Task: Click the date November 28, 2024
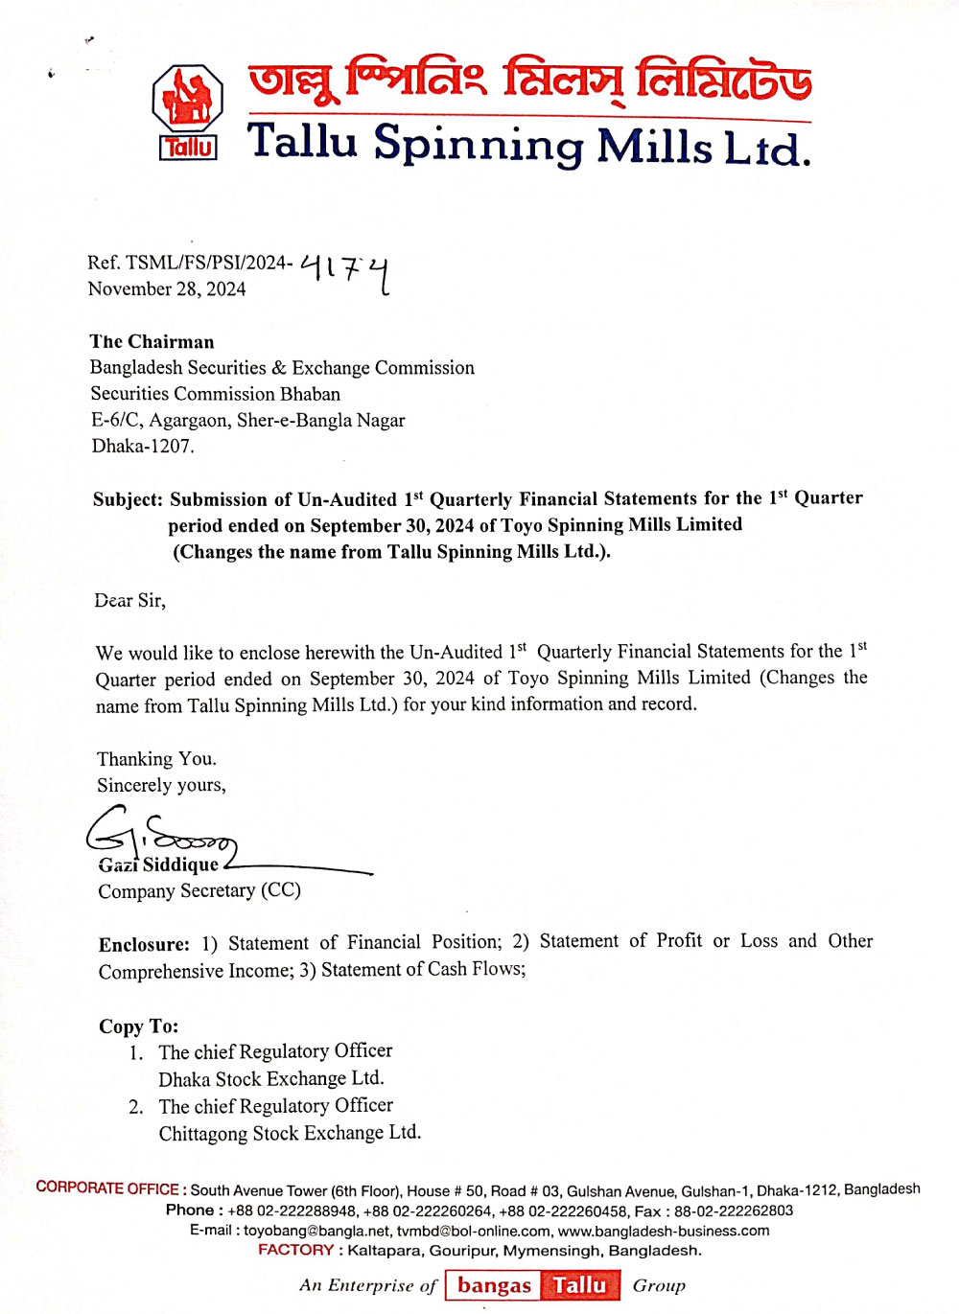pos(167,289)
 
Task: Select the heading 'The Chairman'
pos(152,342)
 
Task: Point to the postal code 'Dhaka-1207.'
pos(143,446)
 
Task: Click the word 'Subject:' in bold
pos(128,499)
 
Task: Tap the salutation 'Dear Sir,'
pos(129,601)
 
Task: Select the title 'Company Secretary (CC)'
pos(199,890)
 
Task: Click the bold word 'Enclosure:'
pos(144,944)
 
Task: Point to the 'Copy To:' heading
pos(138,1026)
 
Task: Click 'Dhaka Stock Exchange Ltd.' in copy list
pos(271,1078)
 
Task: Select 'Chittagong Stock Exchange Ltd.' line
pos(290,1133)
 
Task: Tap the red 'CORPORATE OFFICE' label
pos(107,1188)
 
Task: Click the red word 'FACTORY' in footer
pos(295,1250)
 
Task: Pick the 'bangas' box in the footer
pos(494,1285)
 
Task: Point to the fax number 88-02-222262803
pos(734,1210)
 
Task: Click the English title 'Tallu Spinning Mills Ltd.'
pos(528,145)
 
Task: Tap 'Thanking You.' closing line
pos(156,759)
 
